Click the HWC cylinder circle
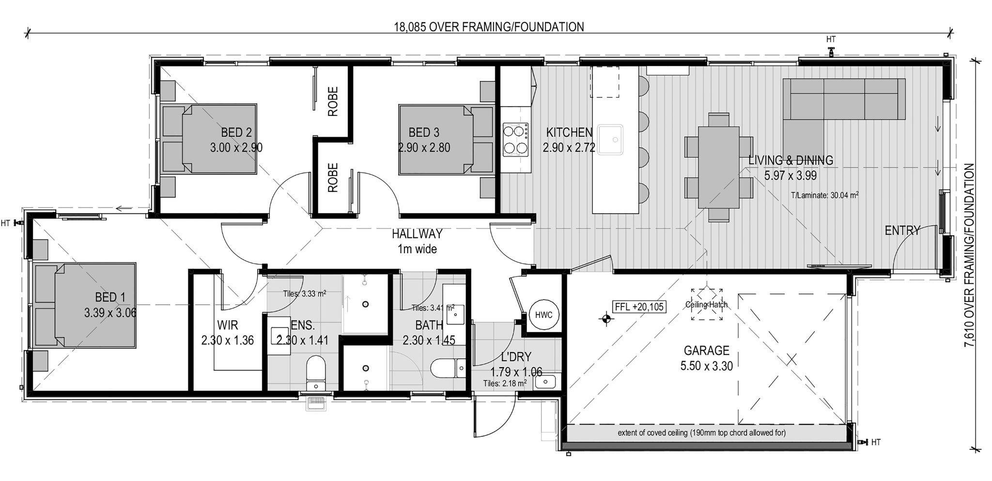[x=543, y=315]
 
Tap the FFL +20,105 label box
[x=639, y=307]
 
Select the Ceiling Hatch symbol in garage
[x=707, y=305]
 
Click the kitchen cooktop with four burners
[x=516, y=139]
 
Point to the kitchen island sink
[x=610, y=140]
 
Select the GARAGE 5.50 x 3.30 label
[x=706, y=358]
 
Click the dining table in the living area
[x=718, y=167]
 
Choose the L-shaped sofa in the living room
[x=823, y=107]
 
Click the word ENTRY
[x=902, y=231]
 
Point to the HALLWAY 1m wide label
[x=417, y=241]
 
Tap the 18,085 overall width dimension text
[x=489, y=27]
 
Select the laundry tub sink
[x=546, y=383]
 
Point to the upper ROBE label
[x=333, y=101]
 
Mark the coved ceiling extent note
[x=701, y=433]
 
